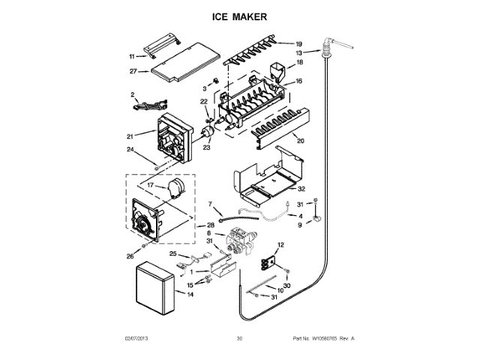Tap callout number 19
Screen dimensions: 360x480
click(x=298, y=43)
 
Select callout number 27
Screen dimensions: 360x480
click(x=133, y=72)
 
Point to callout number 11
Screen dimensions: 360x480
click(x=132, y=56)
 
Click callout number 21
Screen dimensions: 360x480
click(x=130, y=136)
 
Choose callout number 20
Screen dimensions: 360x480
click(x=300, y=140)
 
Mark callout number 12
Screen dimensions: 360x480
click(x=282, y=245)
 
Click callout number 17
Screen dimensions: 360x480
click(x=150, y=185)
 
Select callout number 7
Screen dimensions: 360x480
click(x=210, y=203)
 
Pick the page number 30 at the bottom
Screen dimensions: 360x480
click(x=239, y=339)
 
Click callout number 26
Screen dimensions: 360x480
click(x=130, y=256)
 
